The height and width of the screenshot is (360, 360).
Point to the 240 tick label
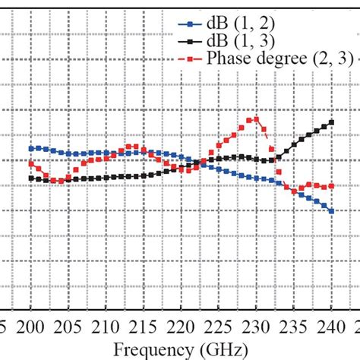tap(332, 327)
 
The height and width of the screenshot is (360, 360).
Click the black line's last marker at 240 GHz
tap(332, 122)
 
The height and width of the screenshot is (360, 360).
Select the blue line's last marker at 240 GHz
tap(332, 211)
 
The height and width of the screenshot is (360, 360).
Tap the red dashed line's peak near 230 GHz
tap(257, 118)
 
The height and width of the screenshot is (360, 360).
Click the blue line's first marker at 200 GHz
tap(30, 148)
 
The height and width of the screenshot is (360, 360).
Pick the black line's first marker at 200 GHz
tap(30, 178)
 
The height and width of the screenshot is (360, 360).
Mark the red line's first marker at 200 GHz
tap(30, 163)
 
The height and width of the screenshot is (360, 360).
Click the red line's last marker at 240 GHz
tap(332, 186)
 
